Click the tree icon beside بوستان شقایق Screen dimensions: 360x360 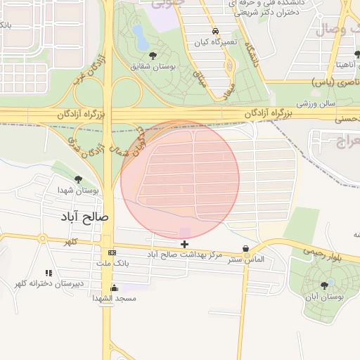(153, 55)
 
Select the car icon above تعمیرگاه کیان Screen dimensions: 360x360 (215, 31)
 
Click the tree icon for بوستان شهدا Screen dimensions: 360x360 (78, 179)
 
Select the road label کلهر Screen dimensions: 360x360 (70, 241)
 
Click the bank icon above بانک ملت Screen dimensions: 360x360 (112, 252)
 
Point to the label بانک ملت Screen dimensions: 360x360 (112, 263)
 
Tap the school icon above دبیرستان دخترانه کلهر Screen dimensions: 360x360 (49, 273)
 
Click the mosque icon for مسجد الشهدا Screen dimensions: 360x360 (115, 288)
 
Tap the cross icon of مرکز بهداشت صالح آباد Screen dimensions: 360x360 (184, 244)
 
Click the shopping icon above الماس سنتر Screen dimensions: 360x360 (245, 249)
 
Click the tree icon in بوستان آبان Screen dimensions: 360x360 (324, 285)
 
